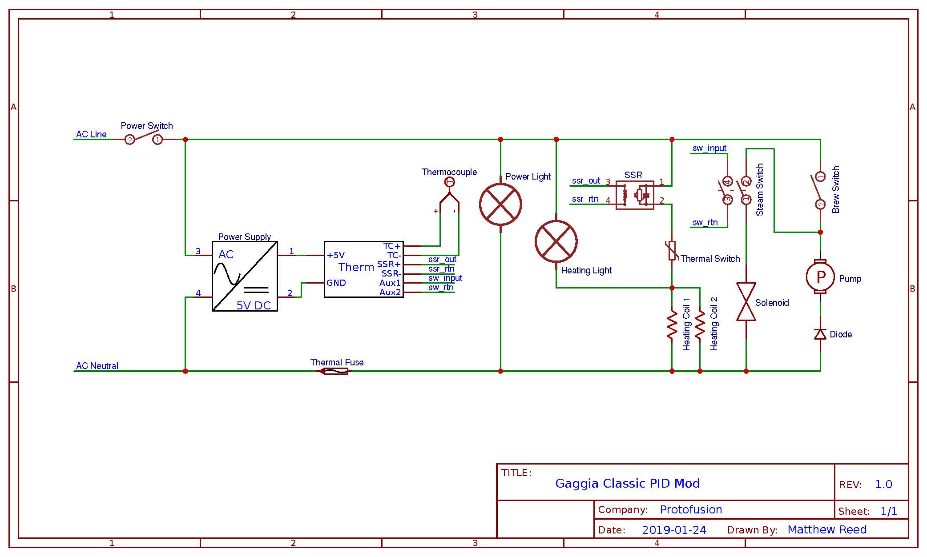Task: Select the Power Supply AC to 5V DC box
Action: (x=245, y=276)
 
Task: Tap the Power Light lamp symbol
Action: (x=500, y=204)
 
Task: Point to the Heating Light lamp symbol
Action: (x=556, y=241)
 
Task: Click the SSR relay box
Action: (x=635, y=195)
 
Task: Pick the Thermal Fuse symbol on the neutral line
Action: (x=334, y=371)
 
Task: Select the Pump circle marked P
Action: (x=820, y=276)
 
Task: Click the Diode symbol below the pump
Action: (x=820, y=334)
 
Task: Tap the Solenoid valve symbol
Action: (x=746, y=302)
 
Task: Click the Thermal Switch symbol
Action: (x=672, y=251)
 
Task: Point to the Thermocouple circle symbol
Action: (x=450, y=182)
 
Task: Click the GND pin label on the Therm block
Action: (x=336, y=283)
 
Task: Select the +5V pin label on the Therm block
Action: (x=336, y=255)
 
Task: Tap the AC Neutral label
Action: (x=97, y=366)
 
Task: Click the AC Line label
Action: (x=91, y=134)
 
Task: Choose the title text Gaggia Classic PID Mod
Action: (x=628, y=484)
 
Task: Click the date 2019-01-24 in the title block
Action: (x=674, y=530)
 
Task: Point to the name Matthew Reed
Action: (x=827, y=529)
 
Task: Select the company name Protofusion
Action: (x=691, y=509)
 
